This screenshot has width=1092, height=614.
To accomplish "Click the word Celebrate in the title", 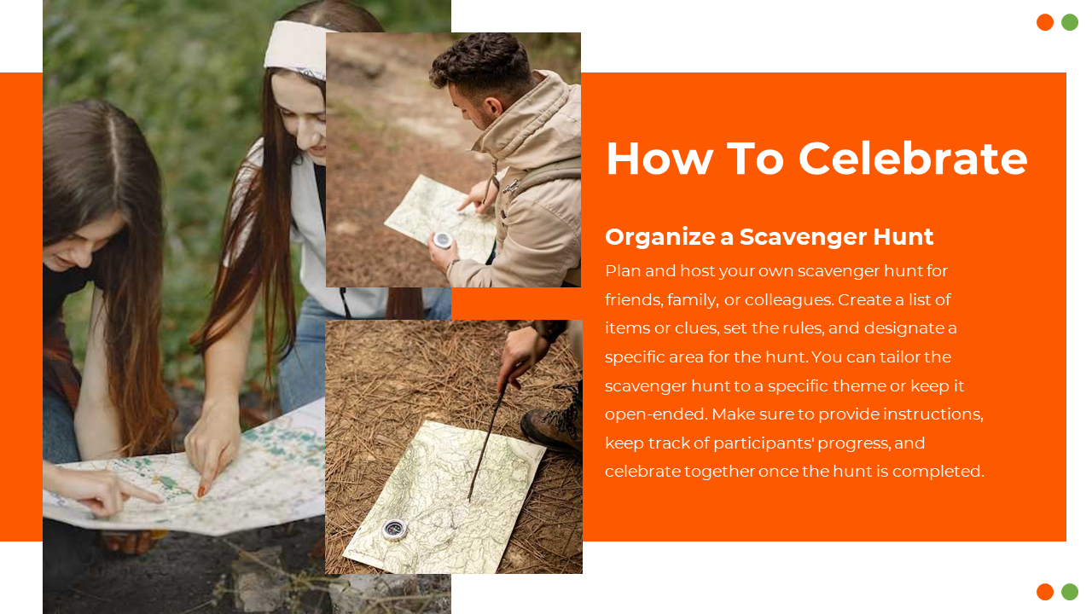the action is click(x=913, y=159).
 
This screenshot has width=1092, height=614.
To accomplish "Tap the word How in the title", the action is click(x=659, y=159).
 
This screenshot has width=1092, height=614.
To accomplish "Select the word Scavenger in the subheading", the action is click(x=804, y=238).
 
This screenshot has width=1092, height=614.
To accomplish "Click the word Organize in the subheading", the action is click(x=659, y=238).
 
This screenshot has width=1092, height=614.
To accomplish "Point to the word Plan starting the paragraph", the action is click(x=623, y=271).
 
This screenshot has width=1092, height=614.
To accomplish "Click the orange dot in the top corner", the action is click(x=1045, y=22).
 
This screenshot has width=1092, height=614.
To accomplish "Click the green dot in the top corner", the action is click(x=1070, y=22).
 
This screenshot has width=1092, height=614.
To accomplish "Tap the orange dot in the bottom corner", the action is click(x=1045, y=592).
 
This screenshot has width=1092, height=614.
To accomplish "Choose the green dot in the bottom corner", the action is click(x=1070, y=592).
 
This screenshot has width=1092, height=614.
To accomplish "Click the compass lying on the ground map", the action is click(x=394, y=530).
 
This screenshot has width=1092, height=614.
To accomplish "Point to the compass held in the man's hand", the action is click(x=442, y=240).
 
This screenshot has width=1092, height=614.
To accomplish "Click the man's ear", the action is click(x=493, y=106).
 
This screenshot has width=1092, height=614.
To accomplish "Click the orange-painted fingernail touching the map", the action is click(x=200, y=491).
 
